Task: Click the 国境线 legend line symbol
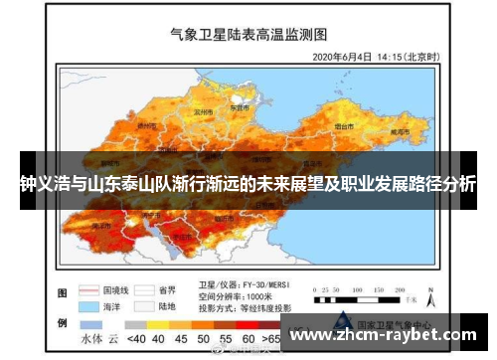coord(92,283)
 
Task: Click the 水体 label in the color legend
coord(91,338)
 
